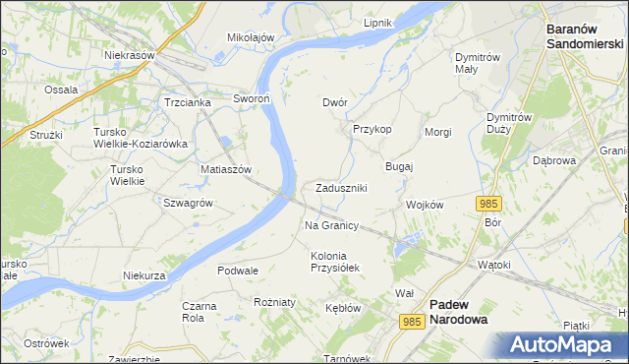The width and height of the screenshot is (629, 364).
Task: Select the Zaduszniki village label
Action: coord(342,188)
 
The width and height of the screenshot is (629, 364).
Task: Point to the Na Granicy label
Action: coord(331,225)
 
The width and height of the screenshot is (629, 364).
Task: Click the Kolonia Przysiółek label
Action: coord(336,261)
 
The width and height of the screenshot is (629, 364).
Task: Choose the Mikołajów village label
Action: coord(251,37)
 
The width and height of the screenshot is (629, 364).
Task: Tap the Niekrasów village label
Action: coord(131,55)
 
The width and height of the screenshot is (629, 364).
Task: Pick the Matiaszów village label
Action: coord(227,169)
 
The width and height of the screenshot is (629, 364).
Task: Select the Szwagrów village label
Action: coord(189,202)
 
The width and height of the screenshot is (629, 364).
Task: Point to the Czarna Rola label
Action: coord(200,312)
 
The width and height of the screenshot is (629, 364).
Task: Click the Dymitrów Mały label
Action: coord(481,63)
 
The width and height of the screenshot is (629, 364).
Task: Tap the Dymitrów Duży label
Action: coord(510,122)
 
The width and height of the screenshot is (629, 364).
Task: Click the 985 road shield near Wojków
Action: coord(489,203)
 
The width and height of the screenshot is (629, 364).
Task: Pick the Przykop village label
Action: coord(372,129)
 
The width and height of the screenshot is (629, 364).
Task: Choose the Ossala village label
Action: coord(61,90)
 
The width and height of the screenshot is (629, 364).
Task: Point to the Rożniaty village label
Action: coord(274,302)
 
